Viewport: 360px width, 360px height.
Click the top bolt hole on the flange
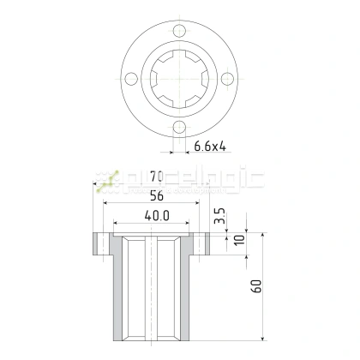point(179,32)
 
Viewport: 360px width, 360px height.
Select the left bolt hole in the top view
point(131,79)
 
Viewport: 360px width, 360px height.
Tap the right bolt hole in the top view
point(227,79)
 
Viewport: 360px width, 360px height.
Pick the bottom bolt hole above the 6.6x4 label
point(179,127)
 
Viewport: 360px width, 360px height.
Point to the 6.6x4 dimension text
point(209,147)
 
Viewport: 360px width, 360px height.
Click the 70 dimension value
point(155,177)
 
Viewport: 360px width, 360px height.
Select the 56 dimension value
point(155,195)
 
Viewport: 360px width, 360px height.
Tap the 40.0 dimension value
point(155,217)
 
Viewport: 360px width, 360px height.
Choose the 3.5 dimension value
point(220,216)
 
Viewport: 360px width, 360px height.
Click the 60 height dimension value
point(256,286)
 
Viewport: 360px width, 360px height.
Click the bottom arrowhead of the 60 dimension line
point(262,338)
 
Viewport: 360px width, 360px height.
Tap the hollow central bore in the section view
point(155,291)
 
